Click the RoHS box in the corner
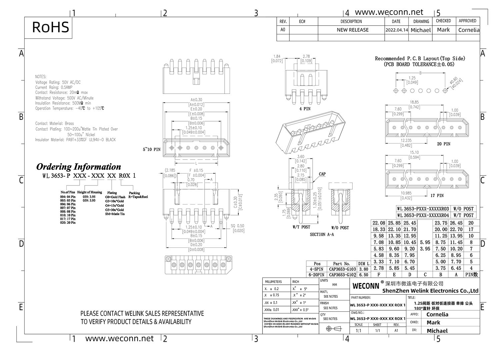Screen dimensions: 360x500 (x=51, y=27)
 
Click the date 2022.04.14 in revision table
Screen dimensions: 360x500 (x=397, y=30)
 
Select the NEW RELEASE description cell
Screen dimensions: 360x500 (x=353, y=30)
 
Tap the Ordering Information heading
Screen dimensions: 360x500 (x=79, y=167)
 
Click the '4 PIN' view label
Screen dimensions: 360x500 (x=305, y=109)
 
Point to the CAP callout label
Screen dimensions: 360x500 (x=322, y=174)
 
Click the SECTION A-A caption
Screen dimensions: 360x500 (x=322, y=234)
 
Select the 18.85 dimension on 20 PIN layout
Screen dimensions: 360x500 (x=414, y=102)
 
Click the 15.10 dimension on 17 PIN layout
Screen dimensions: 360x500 (x=414, y=153)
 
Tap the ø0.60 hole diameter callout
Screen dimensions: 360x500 (x=456, y=81)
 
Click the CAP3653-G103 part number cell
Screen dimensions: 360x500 (x=342, y=269)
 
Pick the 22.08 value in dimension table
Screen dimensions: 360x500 (x=379, y=223)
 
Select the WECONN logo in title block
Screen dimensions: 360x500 (x=366, y=286)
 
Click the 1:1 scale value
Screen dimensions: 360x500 (x=358, y=331)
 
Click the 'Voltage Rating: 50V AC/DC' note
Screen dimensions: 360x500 (x=58, y=82)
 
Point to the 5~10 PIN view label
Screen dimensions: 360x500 (x=152, y=149)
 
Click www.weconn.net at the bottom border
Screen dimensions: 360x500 (x=119, y=338)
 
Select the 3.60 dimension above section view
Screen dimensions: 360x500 (x=300, y=157)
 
